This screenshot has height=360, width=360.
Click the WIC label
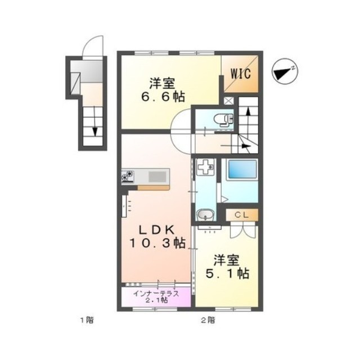240,74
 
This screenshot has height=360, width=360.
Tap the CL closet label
242,215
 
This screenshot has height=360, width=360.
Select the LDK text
157,230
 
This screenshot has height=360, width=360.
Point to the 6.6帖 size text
163,97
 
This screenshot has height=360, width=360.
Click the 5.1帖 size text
227,273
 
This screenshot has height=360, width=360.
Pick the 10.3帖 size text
157,243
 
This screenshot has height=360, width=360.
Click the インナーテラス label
156,294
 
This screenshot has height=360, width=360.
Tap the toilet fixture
223,120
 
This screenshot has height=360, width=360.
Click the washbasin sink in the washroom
205,215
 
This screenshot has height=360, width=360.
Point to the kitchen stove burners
128,176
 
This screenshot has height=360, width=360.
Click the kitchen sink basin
157,177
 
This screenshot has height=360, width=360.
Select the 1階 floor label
87,320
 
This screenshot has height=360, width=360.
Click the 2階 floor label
208,320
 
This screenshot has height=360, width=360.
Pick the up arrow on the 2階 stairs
248,119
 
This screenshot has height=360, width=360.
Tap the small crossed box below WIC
228,101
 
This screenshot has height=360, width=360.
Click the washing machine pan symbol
205,167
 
